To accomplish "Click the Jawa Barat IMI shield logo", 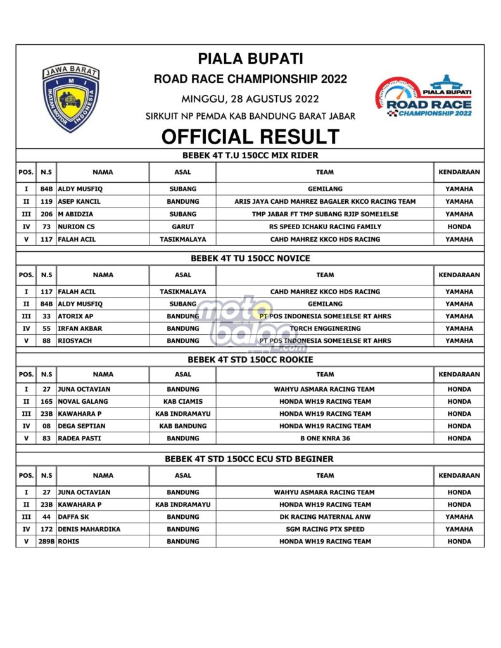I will [70, 98].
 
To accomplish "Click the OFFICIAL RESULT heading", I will [250, 137].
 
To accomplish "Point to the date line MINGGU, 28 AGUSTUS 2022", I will [250, 99].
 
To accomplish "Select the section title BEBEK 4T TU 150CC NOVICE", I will [250, 258].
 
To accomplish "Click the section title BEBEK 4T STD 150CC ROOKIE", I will [250, 359].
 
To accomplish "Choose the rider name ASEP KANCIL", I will [79, 201].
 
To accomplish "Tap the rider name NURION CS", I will [77, 227].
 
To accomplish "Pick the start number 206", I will [46, 214].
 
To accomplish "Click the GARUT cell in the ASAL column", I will [182, 227].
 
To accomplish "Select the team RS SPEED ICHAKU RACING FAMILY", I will [325, 227].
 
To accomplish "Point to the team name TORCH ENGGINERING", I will [325, 328].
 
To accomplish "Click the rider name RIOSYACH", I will [75, 340].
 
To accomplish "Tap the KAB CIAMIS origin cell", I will [182, 401].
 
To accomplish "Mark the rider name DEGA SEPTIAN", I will [81, 426].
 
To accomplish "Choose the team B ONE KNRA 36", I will [325, 438].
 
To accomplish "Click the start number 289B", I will [46, 541].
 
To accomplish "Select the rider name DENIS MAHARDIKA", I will [89, 529].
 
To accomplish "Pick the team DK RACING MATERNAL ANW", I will [325, 516].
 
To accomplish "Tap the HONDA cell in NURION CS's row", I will [459, 227].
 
